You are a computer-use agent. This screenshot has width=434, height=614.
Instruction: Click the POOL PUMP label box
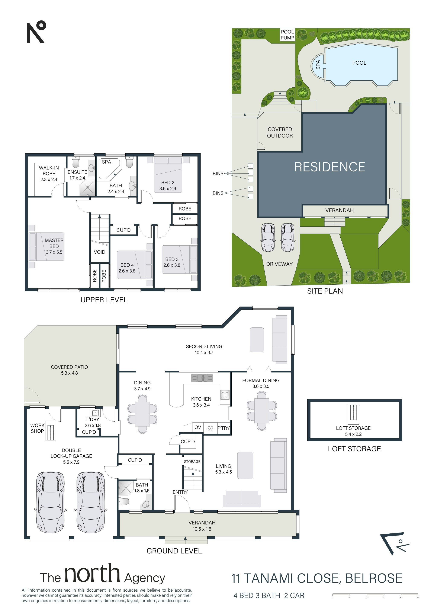coord(287,35)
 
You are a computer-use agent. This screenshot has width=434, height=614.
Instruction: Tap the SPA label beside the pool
coord(318,65)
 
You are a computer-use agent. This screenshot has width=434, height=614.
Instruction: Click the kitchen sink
coord(202,378)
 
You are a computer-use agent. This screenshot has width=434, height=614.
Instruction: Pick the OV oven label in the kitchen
coord(198,427)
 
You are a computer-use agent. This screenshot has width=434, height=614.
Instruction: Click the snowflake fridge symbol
coord(210,428)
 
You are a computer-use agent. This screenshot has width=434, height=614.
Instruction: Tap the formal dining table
coord(262,410)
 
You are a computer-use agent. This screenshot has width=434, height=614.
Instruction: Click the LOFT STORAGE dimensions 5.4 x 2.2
coord(353,434)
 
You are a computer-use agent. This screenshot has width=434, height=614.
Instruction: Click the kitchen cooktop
coord(225,395)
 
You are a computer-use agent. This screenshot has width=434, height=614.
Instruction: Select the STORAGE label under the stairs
coord(192,462)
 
